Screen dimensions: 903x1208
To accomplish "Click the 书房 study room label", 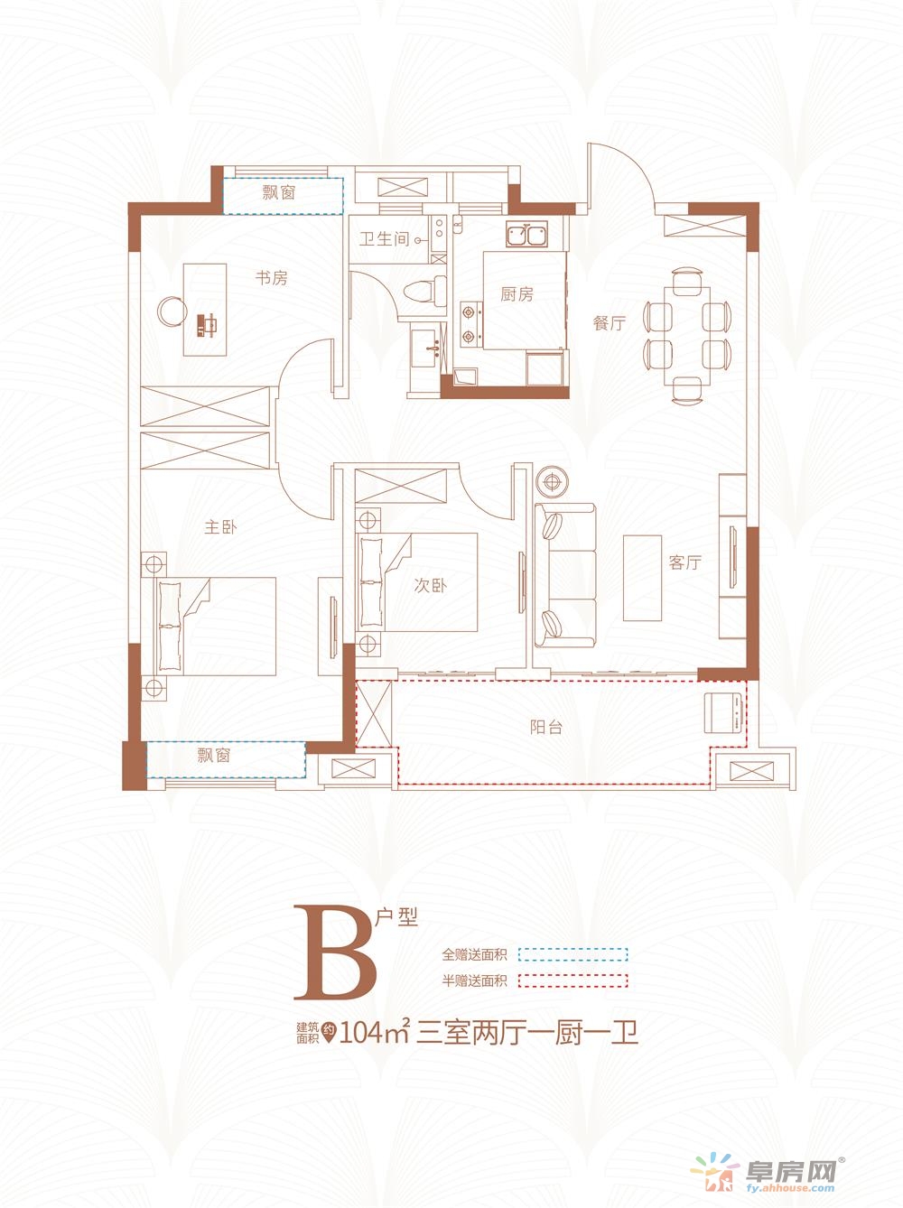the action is (x=271, y=278).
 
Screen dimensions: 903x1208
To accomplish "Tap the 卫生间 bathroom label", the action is (x=385, y=239).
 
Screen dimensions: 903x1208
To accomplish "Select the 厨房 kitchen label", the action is (x=517, y=294).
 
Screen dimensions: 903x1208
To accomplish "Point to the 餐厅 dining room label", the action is (x=610, y=322).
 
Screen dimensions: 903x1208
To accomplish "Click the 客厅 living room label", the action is (x=684, y=562).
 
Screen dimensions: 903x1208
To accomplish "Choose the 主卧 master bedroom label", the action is (x=220, y=527).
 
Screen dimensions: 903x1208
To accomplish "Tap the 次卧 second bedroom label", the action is (x=431, y=585).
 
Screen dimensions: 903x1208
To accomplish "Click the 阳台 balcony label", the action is (x=546, y=727).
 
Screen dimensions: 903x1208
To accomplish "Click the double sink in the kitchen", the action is (x=526, y=235).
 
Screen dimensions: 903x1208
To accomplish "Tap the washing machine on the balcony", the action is (x=725, y=713).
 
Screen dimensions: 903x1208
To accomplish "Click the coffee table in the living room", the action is (x=642, y=578).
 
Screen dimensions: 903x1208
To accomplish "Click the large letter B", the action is (x=337, y=953).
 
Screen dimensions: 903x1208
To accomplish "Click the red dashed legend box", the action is (x=573, y=980).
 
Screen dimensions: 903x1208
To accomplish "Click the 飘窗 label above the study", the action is (x=278, y=192).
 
